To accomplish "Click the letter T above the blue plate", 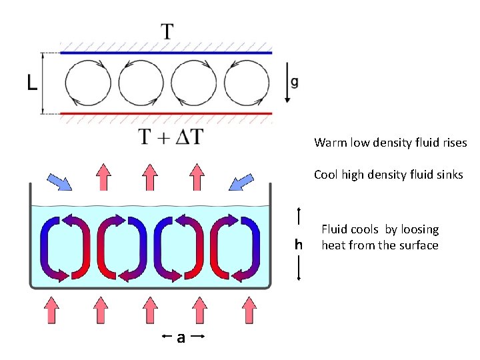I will click(x=167, y=31).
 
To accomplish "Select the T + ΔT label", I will click(x=171, y=137).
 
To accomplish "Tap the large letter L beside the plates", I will click(x=31, y=83).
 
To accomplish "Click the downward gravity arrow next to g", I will click(x=287, y=83).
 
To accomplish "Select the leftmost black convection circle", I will click(x=88, y=83).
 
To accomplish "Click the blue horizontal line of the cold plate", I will click(x=166, y=52).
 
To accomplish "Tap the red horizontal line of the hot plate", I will click(x=166, y=114).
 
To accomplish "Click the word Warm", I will click(x=329, y=143).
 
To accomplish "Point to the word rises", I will click(x=454, y=143).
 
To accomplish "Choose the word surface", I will click(x=420, y=245).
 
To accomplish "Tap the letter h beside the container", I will click(x=299, y=245).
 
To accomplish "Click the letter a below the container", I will click(x=180, y=338).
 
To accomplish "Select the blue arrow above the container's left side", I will click(x=60, y=181).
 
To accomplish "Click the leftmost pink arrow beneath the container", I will click(x=51, y=310).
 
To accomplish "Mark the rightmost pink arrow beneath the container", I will click(x=248, y=310).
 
